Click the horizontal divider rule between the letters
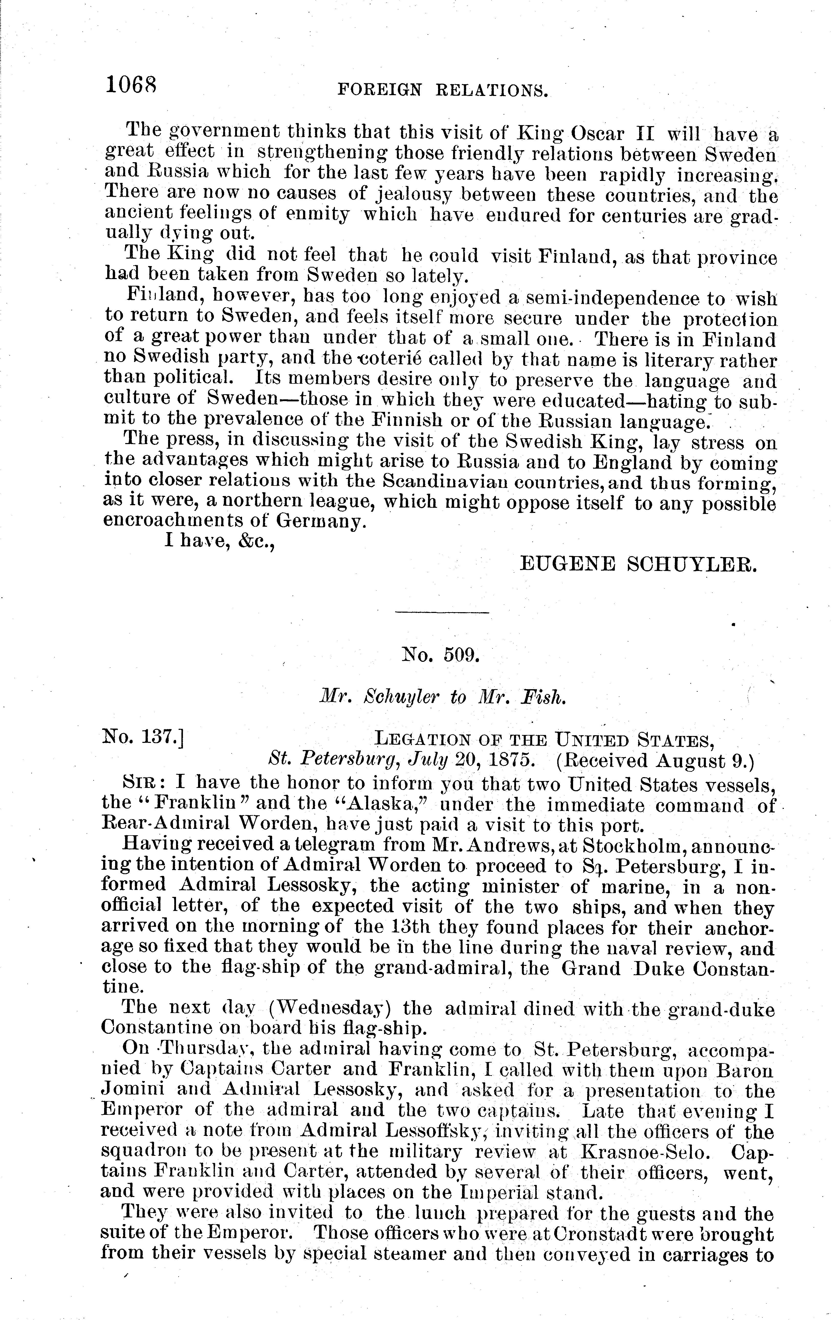coord(442,612)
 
